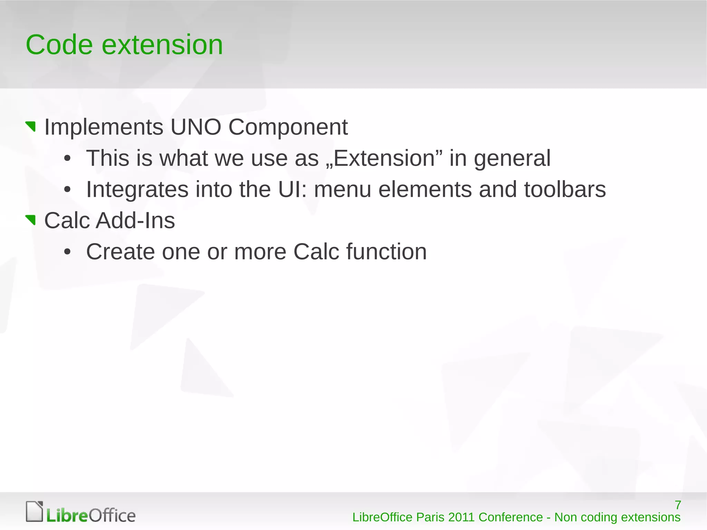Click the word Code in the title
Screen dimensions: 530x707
click(x=59, y=45)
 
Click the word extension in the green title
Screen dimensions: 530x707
click(x=162, y=45)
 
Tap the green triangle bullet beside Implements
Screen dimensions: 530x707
click(x=31, y=126)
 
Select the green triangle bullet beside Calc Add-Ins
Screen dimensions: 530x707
click(x=31, y=220)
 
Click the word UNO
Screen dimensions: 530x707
click(x=195, y=127)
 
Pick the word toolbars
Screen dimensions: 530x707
click(x=565, y=190)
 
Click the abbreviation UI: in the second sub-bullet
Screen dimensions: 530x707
click(x=292, y=190)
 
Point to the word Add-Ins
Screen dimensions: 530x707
click(x=135, y=221)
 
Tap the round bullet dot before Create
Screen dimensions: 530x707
click(x=67, y=252)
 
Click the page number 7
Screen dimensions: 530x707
click(x=678, y=505)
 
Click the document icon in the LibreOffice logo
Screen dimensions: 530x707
click(x=35, y=511)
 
